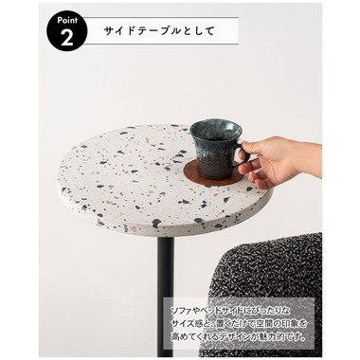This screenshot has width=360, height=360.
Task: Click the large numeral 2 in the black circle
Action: (67, 38)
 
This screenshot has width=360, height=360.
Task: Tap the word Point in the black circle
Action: (67, 21)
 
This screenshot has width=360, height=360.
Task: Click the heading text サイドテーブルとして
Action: (159, 31)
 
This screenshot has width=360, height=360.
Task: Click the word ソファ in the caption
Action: (181, 311)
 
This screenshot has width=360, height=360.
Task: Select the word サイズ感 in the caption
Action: (189, 324)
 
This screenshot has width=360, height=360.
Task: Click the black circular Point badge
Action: (67, 32)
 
